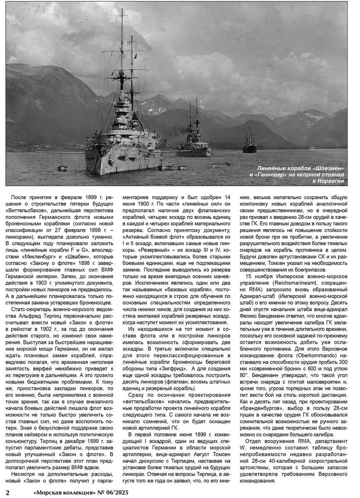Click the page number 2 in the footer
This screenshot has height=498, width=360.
coord(7,493)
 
